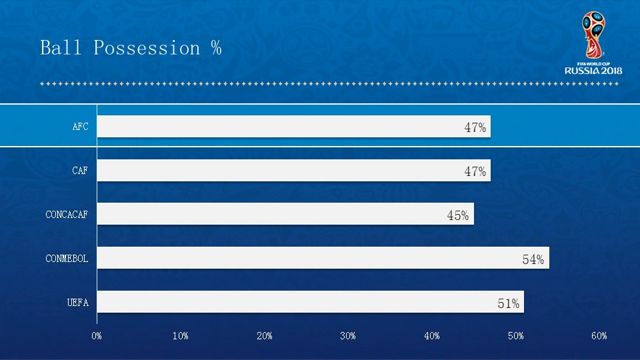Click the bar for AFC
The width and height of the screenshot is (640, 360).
point(293,127)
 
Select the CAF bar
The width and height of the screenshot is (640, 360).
point(293,171)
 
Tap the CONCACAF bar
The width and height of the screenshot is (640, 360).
point(285,214)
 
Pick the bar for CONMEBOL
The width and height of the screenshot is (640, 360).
point(323,258)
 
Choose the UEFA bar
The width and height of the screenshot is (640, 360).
point(310,302)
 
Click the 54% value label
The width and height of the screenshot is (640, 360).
point(533,259)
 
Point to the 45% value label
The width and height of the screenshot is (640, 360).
point(457,215)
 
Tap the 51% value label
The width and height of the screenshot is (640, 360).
point(508,303)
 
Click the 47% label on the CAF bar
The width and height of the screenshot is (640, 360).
point(475,171)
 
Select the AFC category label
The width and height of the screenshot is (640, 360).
point(80,127)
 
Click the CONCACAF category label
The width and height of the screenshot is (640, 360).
point(67,215)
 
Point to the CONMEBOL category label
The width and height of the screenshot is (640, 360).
point(67,259)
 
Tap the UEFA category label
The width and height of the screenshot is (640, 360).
point(77,303)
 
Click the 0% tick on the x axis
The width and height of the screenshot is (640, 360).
point(97,336)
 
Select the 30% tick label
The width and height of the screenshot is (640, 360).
point(348,336)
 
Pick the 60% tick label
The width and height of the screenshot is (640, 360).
point(599,336)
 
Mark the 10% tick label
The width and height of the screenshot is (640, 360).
point(180,336)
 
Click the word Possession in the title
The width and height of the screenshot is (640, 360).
point(147,49)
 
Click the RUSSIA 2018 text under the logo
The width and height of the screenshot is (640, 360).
point(593,71)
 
